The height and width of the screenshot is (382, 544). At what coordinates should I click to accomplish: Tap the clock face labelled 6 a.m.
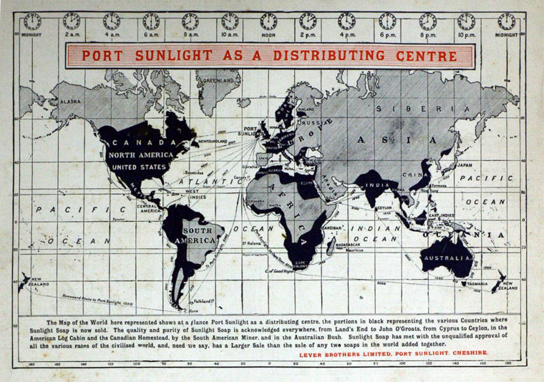[x=150, y=21]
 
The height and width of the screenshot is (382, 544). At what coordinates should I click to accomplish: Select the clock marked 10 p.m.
[x=466, y=21]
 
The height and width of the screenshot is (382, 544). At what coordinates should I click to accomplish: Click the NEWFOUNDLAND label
[x=213, y=142]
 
